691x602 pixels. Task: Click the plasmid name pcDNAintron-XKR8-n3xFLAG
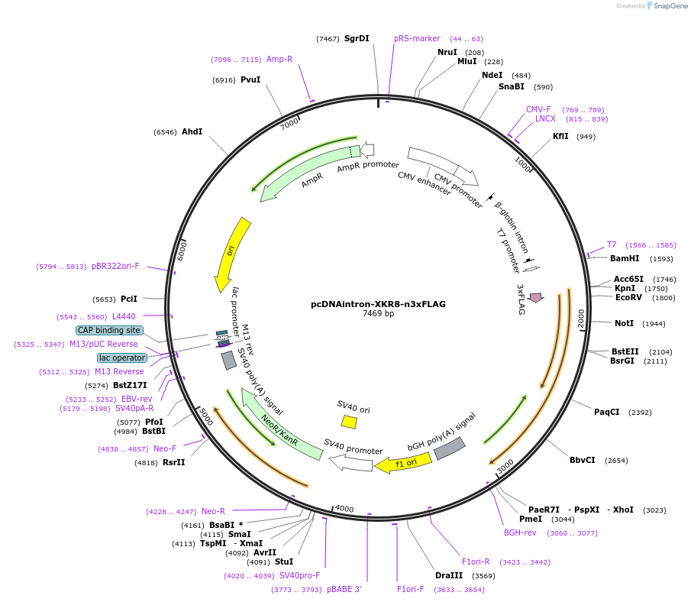point(378,303)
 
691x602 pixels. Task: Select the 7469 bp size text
point(378,314)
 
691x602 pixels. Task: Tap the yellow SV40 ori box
point(349,422)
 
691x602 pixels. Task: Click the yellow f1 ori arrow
point(400,463)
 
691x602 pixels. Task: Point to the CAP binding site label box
point(109,330)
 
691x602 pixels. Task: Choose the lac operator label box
point(121,358)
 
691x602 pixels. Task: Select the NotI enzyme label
point(624,323)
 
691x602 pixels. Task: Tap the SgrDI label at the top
point(357,38)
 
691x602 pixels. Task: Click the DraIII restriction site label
point(449,575)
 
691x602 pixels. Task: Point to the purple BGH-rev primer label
point(520,532)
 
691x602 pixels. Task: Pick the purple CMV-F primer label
point(538,109)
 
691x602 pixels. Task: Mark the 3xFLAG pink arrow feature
point(535,297)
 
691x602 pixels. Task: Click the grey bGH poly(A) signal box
point(450,448)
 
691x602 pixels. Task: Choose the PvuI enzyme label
point(250,79)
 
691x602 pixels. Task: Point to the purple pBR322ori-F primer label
point(115,266)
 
